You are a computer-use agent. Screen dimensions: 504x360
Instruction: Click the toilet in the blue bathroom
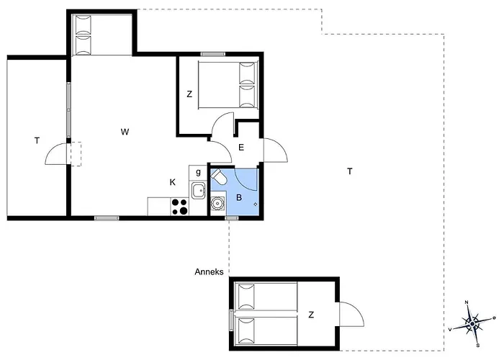[219, 176]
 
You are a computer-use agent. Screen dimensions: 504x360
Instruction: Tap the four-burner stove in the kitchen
[179, 207]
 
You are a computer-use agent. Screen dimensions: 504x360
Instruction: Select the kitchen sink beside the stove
[198, 191]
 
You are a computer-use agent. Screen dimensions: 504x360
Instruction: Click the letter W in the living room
[125, 132]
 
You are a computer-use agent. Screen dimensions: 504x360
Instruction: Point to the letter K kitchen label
[173, 182]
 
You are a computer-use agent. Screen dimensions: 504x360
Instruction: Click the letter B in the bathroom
[239, 197]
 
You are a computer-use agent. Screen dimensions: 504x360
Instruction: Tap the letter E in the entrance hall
[241, 148]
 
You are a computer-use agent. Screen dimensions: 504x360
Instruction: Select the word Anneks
[209, 272]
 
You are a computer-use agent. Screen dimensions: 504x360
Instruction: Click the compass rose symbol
[472, 323]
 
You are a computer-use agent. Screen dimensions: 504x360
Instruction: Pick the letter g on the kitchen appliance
[198, 172]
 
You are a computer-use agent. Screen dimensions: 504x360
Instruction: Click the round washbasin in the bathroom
[217, 203]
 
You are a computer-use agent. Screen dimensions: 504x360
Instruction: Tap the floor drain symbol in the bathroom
[256, 204]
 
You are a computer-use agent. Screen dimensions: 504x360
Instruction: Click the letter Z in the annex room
[311, 315]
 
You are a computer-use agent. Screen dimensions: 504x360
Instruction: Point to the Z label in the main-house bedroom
[189, 94]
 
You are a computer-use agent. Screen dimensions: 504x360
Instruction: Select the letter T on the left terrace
[37, 140]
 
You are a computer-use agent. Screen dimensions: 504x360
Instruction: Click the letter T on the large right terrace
[350, 171]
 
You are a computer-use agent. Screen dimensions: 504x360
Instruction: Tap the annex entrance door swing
[351, 315]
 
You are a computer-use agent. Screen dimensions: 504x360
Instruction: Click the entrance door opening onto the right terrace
[276, 150]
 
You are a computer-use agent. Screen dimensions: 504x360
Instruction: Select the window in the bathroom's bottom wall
[231, 218]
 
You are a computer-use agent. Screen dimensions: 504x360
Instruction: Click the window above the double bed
[213, 54]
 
